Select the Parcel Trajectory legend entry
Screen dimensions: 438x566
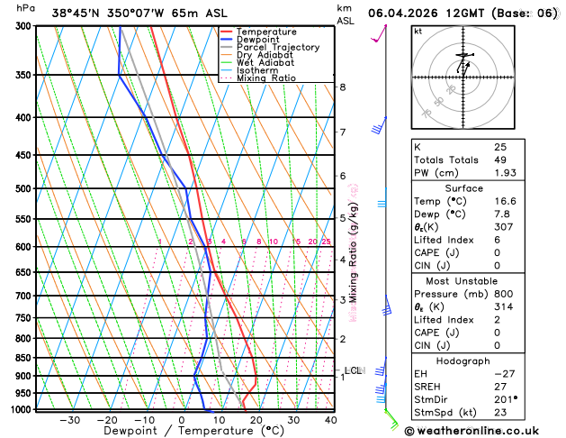tap(277, 47)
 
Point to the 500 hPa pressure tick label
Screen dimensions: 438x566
tap(24, 188)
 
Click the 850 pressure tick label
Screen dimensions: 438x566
tap(24, 358)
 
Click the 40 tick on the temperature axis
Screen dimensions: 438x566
tap(331, 419)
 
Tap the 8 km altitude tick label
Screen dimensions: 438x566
tap(343, 87)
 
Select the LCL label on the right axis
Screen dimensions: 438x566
tap(353, 370)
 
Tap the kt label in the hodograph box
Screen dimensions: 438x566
tap(418, 31)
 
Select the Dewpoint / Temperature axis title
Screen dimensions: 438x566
tap(182, 432)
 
